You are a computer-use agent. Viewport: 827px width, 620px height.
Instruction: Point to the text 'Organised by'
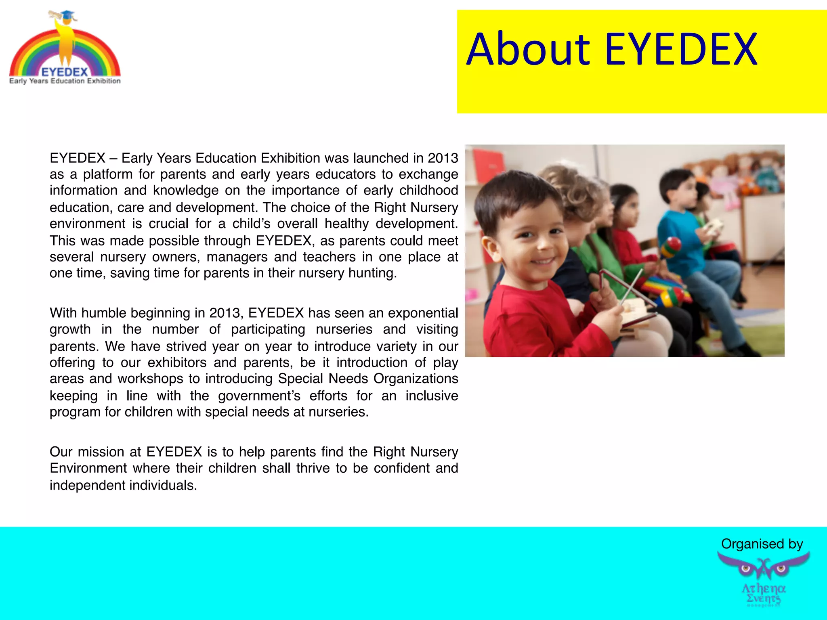click(762, 544)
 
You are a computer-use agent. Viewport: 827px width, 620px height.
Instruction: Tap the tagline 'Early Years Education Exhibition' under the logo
click(65, 81)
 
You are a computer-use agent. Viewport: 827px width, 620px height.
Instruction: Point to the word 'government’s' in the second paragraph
click(259, 396)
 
